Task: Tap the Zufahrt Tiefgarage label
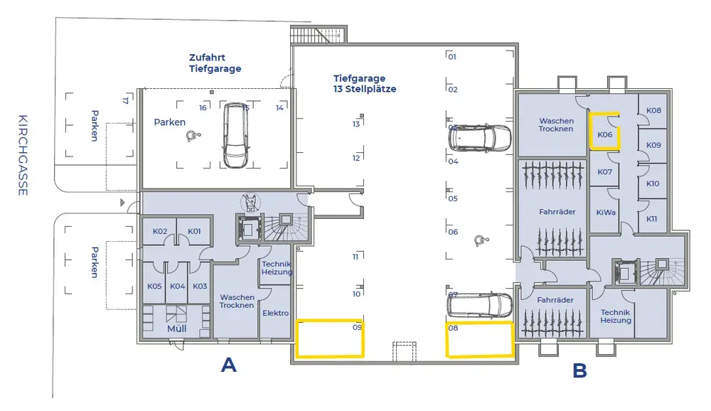click(215, 63)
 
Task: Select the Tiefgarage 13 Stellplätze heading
click(365, 84)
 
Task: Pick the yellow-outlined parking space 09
click(330, 338)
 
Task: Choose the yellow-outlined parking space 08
click(479, 339)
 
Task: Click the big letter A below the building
click(228, 365)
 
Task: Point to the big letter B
click(579, 370)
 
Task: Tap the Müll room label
click(177, 329)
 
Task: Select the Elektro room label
click(275, 313)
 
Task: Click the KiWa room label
click(606, 212)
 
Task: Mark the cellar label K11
click(653, 218)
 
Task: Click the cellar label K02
click(160, 232)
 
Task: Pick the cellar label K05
click(154, 286)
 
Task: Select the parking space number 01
click(451, 56)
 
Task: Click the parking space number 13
click(356, 124)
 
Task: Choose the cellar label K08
click(654, 111)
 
